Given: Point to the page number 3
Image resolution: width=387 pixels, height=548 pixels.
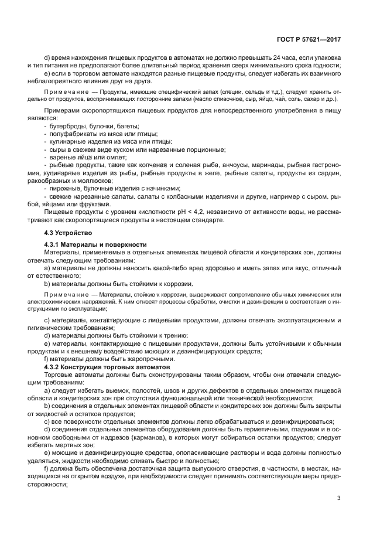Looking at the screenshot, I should point(339,498).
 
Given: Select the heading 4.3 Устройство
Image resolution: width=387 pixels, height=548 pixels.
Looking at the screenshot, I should point(65,233).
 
